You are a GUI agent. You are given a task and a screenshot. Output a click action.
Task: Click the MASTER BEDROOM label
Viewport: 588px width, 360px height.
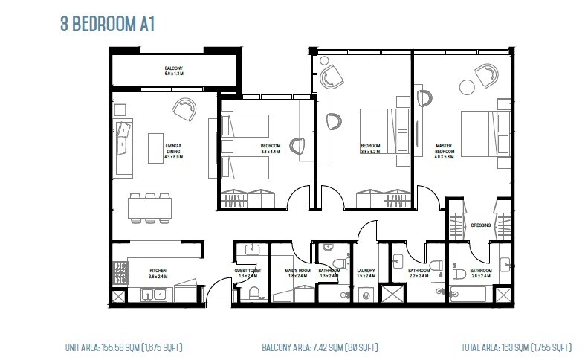(x=445, y=150)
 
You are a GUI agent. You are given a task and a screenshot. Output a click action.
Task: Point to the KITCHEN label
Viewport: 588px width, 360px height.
(x=158, y=272)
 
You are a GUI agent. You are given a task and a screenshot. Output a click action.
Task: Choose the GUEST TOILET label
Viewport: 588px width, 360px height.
(x=248, y=270)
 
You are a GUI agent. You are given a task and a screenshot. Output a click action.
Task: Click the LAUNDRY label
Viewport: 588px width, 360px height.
(x=366, y=270)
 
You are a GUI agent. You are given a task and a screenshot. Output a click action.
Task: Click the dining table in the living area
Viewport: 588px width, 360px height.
(x=149, y=208)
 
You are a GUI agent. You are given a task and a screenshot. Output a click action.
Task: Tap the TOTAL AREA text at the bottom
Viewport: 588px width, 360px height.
(x=516, y=347)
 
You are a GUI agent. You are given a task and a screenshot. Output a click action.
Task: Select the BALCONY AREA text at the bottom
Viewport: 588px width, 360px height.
(x=319, y=347)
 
